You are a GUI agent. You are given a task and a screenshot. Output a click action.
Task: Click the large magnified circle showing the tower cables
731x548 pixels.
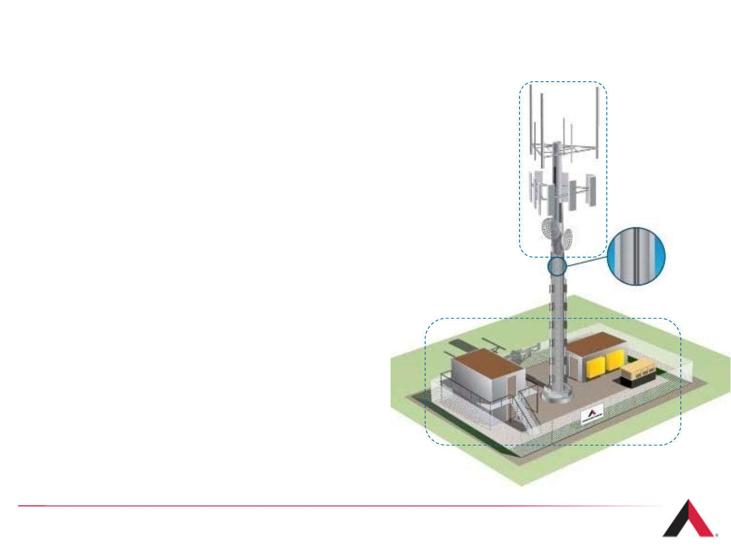pyautogui.click(x=636, y=256)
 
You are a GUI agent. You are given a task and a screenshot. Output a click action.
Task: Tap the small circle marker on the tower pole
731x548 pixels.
pyautogui.click(x=557, y=266)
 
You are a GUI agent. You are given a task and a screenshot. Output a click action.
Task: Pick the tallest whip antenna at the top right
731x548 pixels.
pyautogui.click(x=598, y=122)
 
